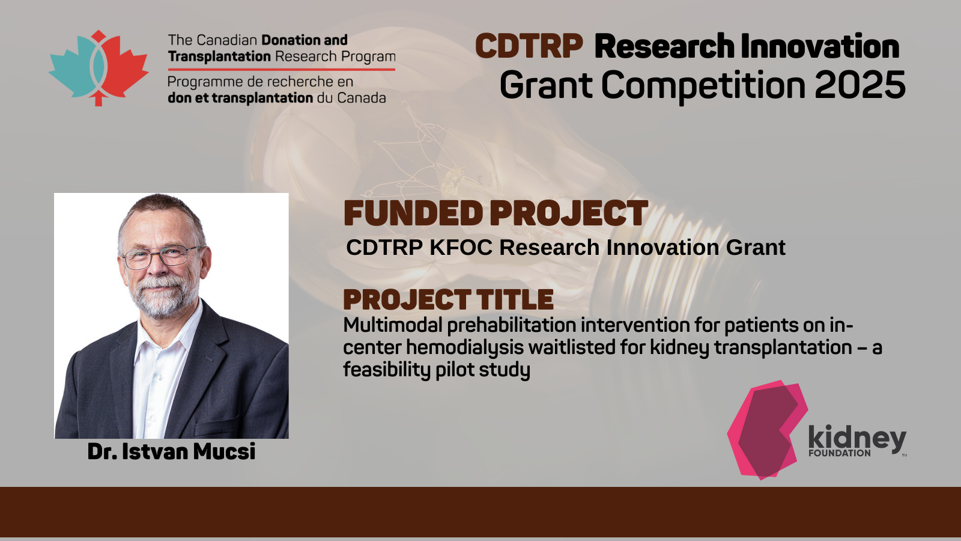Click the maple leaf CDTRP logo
click(99, 69)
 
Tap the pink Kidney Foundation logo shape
click(767, 430)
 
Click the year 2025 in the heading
click(859, 85)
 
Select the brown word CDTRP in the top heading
click(529, 46)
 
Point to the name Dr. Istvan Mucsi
click(171, 451)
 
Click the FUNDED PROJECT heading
click(496, 213)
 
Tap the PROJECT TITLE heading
click(448, 300)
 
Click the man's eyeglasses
click(162, 257)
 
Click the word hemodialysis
click(465, 347)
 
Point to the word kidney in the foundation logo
click(857, 438)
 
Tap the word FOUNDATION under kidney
click(840, 453)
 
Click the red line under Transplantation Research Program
click(282, 69)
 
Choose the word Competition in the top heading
click(703, 86)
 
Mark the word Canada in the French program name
click(361, 98)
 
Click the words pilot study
click(483, 370)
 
